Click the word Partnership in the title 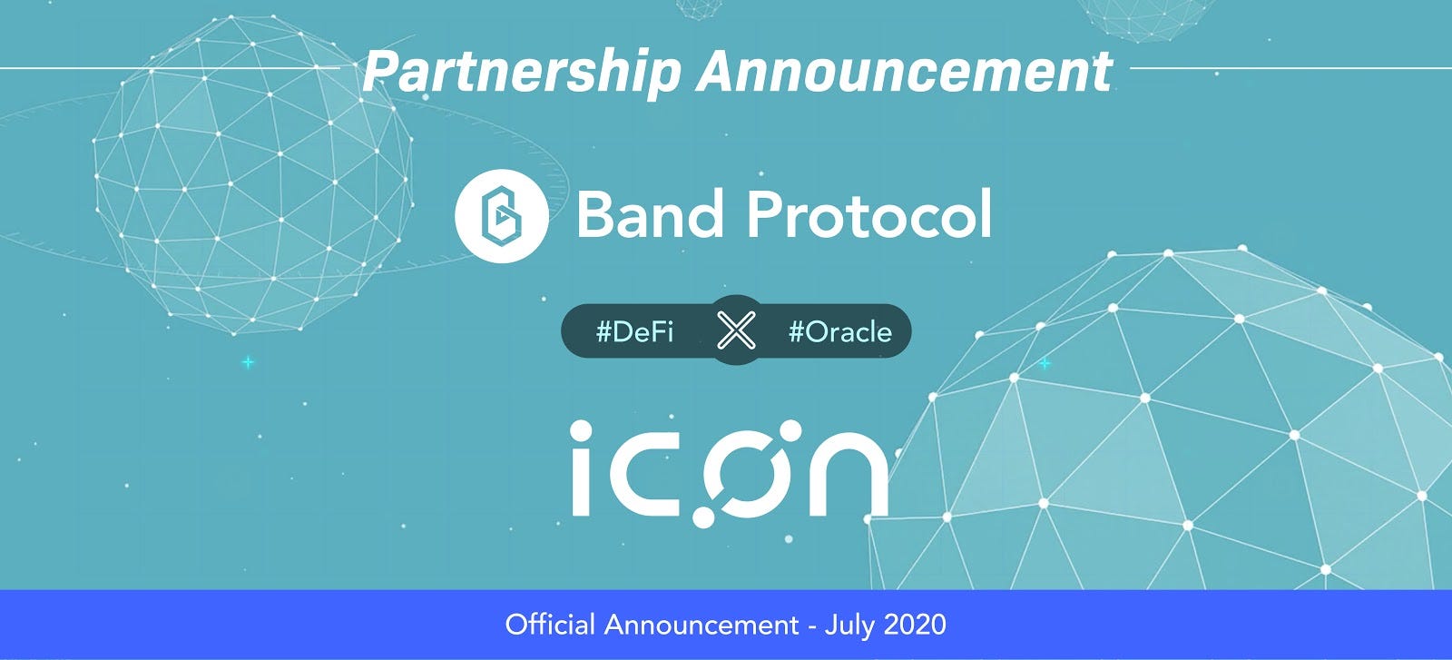pyautogui.click(x=521, y=72)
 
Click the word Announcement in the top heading pyautogui.click(x=904, y=72)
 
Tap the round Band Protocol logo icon pyautogui.click(x=501, y=216)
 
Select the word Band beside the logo pyautogui.click(x=650, y=215)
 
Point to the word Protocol pyautogui.click(x=868, y=215)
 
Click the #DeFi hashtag pyautogui.click(x=634, y=331)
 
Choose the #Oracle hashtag pyautogui.click(x=839, y=331)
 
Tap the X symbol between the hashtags pyautogui.click(x=736, y=330)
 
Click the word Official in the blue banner pyautogui.click(x=550, y=625)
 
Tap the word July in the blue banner pyautogui.click(x=851, y=625)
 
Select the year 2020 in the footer pyautogui.click(x=914, y=625)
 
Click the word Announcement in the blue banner pyautogui.click(x=701, y=625)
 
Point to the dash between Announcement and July pyautogui.click(x=812, y=626)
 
